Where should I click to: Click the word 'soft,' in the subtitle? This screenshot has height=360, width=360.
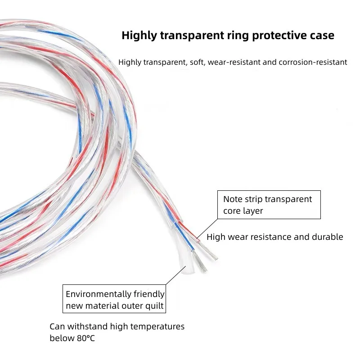tap(197, 62)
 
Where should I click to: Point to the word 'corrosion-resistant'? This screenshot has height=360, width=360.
tap(313, 62)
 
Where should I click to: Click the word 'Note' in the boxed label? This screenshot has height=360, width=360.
tap(233, 199)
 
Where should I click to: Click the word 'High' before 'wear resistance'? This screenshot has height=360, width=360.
tap(216, 237)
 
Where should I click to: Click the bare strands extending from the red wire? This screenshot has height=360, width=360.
tap(208, 250)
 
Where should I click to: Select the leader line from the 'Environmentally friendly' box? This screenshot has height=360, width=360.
tap(175, 275)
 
